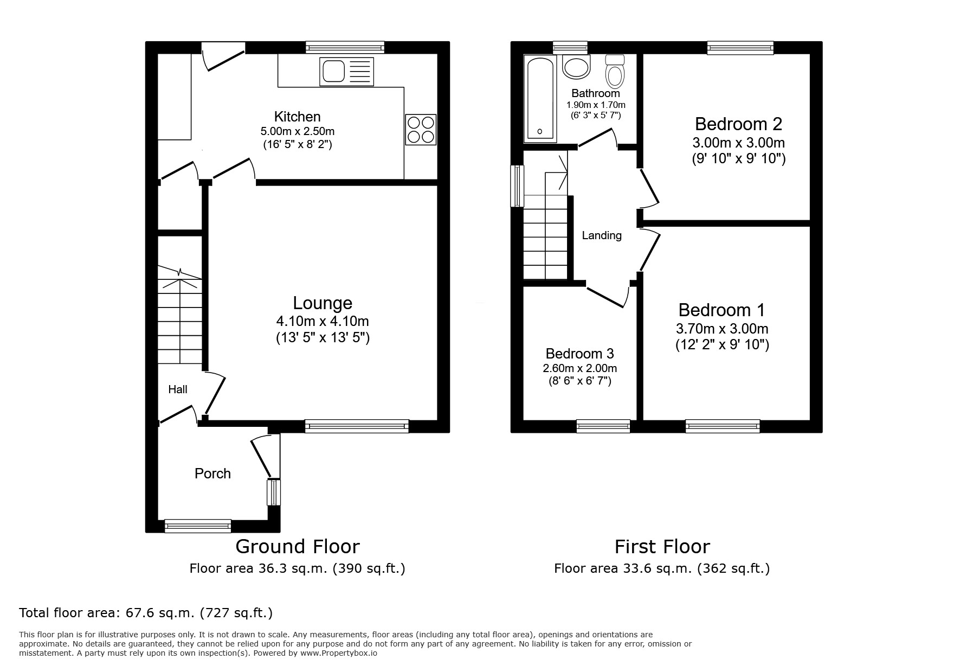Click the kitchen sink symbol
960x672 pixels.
(347, 71)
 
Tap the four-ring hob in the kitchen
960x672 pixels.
(421, 130)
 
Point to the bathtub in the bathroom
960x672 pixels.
(539, 98)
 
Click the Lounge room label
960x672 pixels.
(323, 303)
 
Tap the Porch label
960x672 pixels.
(212, 473)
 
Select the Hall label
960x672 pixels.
(178, 389)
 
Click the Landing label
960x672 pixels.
(601, 235)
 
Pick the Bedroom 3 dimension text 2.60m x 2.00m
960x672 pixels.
(579, 368)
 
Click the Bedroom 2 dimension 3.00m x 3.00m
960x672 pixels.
(738, 143)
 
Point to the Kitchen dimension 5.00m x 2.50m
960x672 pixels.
(297, 131)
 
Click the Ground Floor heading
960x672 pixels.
(297, 546)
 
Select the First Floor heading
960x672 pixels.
(662, 546)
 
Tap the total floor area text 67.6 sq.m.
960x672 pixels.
(146, 613)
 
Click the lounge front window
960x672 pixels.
(357, 426)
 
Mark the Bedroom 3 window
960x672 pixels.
(603, 426)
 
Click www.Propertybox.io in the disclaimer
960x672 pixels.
(339, 654)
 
